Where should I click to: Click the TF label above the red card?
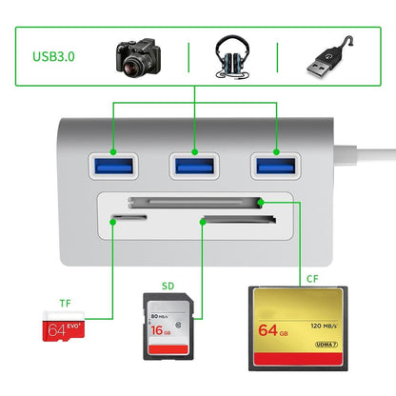(x=65, y=304)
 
